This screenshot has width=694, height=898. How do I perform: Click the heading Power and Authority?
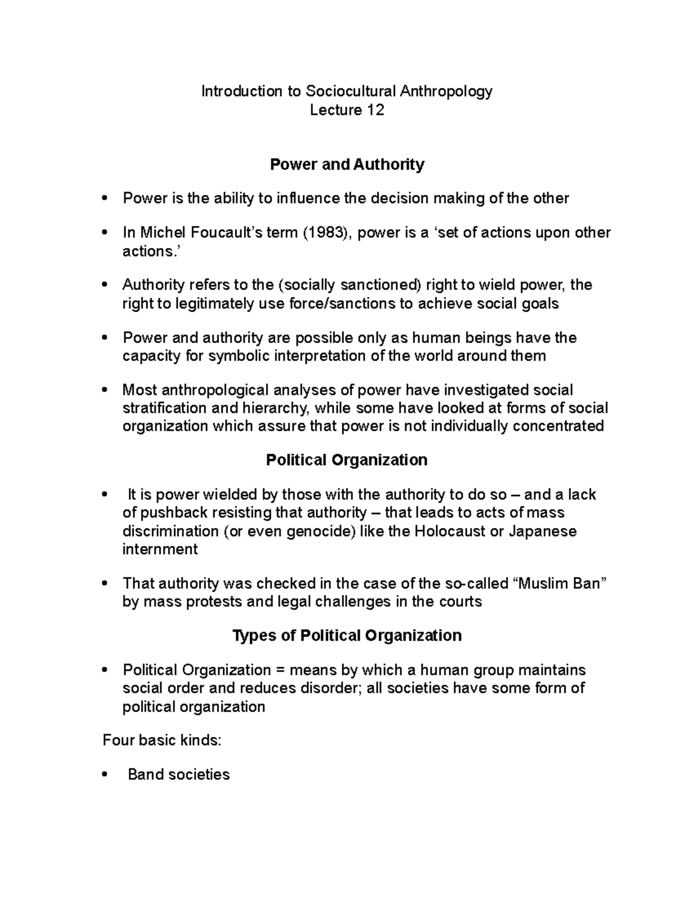(x=347, y=165)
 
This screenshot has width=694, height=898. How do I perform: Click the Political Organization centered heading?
(x=347, y=460)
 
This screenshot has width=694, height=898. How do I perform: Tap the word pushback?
(x=174, y=513)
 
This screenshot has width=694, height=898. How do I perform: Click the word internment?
(x=160, y=549)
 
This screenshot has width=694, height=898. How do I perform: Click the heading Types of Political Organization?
(x=347, y=635)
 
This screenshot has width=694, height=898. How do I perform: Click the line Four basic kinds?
(x=162, y=740)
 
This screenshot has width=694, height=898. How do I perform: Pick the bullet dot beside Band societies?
(x=104, y=775)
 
